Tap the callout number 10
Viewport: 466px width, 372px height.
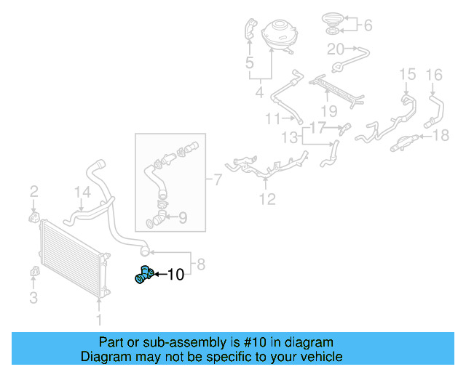pos(176,275)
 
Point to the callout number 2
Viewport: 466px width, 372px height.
pos(33,192)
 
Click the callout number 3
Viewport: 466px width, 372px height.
pos(33,296)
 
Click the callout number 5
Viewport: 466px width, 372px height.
pos(250,64)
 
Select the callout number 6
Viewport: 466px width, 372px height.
pos(368,25)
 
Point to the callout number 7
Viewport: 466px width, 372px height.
pos(216,179)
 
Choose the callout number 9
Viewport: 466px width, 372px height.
pos(182,217)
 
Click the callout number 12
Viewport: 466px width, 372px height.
pos(268,198)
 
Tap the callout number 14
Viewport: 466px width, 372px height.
pos(83,193)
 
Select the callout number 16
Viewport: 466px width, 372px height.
pos(434,74)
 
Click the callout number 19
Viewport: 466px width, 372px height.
pos(329,111)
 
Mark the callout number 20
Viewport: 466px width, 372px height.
pos(336,49)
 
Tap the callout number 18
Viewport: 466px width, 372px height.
pos(442,136)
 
